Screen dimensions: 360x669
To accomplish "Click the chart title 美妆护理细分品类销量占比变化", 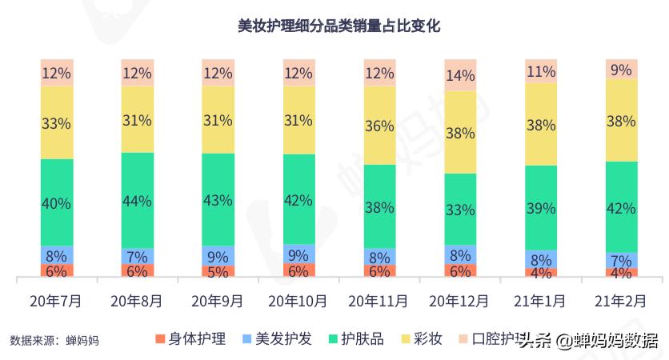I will (339, 26).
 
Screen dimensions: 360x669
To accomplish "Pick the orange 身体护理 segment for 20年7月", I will (56, 270).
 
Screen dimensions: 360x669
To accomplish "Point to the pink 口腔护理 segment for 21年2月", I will (621, 69).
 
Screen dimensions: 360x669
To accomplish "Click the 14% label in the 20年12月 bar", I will (459, 76).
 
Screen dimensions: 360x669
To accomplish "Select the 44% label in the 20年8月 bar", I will (137, 201).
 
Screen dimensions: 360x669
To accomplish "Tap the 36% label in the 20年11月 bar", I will (379, 126).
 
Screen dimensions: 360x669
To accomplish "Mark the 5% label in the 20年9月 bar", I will (218, 271).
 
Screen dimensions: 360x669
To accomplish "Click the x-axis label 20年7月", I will (56, 302).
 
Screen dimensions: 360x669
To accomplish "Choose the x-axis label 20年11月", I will (379, 302).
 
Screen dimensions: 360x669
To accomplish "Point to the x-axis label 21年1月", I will (540, 302).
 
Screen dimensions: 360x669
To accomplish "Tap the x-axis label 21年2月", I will (620, 302).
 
